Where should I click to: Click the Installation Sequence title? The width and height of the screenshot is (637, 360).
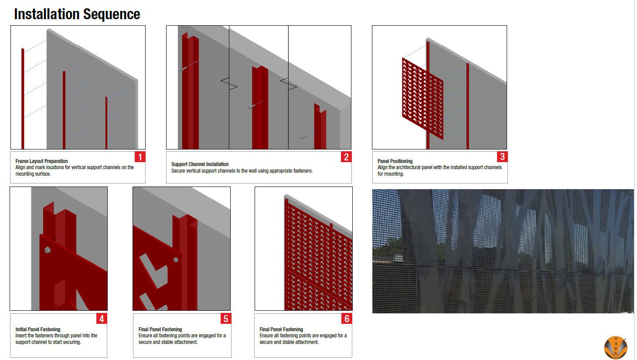pos(77,14)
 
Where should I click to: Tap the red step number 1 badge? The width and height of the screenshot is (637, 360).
pos(140,156)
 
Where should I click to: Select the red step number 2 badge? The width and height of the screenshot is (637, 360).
pos(346,156)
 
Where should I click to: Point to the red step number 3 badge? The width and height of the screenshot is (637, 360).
pos(502,156)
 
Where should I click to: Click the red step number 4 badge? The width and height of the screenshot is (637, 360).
pos(102,319)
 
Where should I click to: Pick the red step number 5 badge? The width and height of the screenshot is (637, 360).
pos(226,319)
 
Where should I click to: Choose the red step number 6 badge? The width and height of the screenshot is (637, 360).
pos(347,319)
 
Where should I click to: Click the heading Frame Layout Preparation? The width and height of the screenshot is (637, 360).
pos(41,161)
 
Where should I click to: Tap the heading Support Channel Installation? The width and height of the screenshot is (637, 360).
pos(200,164)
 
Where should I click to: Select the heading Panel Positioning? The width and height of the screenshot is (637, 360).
pos(395,161)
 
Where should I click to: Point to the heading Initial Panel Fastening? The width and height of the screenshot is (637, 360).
pos(38,329)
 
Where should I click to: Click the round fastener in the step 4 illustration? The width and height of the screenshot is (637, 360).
pos(48,250)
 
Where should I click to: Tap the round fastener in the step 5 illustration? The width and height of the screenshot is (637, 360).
pos(176,260)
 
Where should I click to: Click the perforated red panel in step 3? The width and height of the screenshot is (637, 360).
pos(422,98)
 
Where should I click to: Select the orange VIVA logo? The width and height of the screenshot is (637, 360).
pos(616,347)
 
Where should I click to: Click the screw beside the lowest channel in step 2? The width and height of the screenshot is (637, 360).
pos(304,137)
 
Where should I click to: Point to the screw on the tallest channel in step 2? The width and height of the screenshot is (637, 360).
pos(188,66)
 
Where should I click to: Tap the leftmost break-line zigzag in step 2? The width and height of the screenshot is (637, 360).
pos(229,84)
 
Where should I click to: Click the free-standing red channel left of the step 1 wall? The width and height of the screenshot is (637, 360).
pos(23,98)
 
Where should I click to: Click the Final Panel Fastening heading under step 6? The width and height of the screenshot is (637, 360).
pos(281,329)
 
